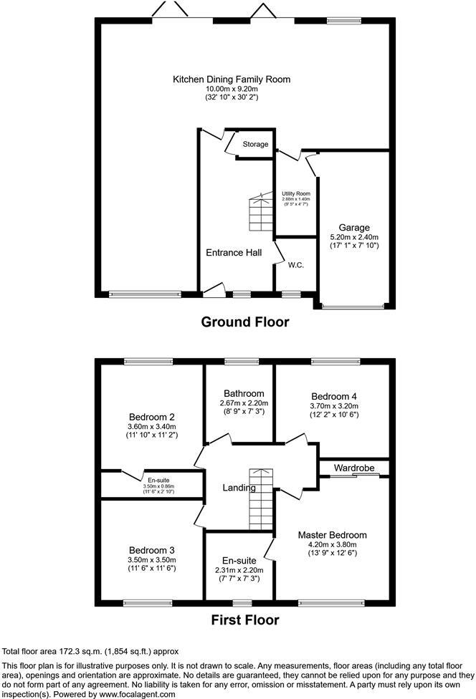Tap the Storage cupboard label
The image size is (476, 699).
tap(255, 144)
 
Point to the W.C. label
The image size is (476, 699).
tap(297, 265)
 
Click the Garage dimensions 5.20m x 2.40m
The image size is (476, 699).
tap(353, 237)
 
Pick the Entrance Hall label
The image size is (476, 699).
tap(234, 252)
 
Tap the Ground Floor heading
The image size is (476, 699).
tap(245, 322)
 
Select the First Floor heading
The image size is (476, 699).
tap(245, 620)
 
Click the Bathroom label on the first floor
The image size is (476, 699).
tap(243, 393)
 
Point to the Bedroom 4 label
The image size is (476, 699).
tap(333, 396)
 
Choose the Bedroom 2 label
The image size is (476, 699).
tap(152, 417)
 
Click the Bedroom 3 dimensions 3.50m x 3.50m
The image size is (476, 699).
tap(152, 560)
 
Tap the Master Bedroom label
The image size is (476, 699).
tap(333, 535)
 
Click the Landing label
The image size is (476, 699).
tap(239, 488)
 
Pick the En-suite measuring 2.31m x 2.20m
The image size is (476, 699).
tap(239, 569)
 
